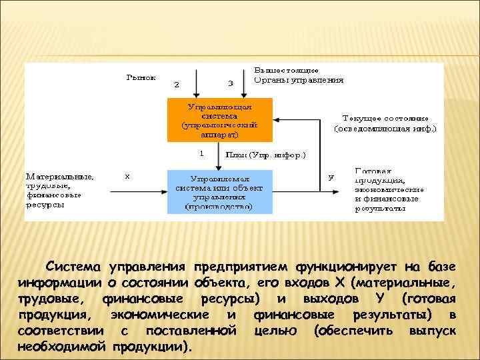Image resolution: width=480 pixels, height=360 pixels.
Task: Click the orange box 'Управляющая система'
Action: (219, 121)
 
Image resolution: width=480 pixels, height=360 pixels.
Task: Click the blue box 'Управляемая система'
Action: (219, 192)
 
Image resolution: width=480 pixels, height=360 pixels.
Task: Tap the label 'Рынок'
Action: (141, 77)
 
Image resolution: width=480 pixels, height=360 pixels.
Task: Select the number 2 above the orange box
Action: (177, 85)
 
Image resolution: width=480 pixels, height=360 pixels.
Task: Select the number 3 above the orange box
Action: (230, 84)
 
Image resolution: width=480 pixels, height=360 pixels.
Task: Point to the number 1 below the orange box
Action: (201, 153)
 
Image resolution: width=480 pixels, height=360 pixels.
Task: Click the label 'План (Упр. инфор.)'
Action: (265, 155)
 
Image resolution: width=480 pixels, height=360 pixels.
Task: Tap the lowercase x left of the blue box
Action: (127, 177)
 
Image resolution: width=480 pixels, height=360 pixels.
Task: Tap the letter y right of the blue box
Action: (331, 177)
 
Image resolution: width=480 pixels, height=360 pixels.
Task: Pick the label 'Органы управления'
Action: (299, 80)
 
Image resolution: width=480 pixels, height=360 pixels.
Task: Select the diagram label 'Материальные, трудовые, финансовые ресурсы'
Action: (59, 191)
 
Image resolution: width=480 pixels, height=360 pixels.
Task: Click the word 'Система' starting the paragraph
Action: (73, 268)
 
